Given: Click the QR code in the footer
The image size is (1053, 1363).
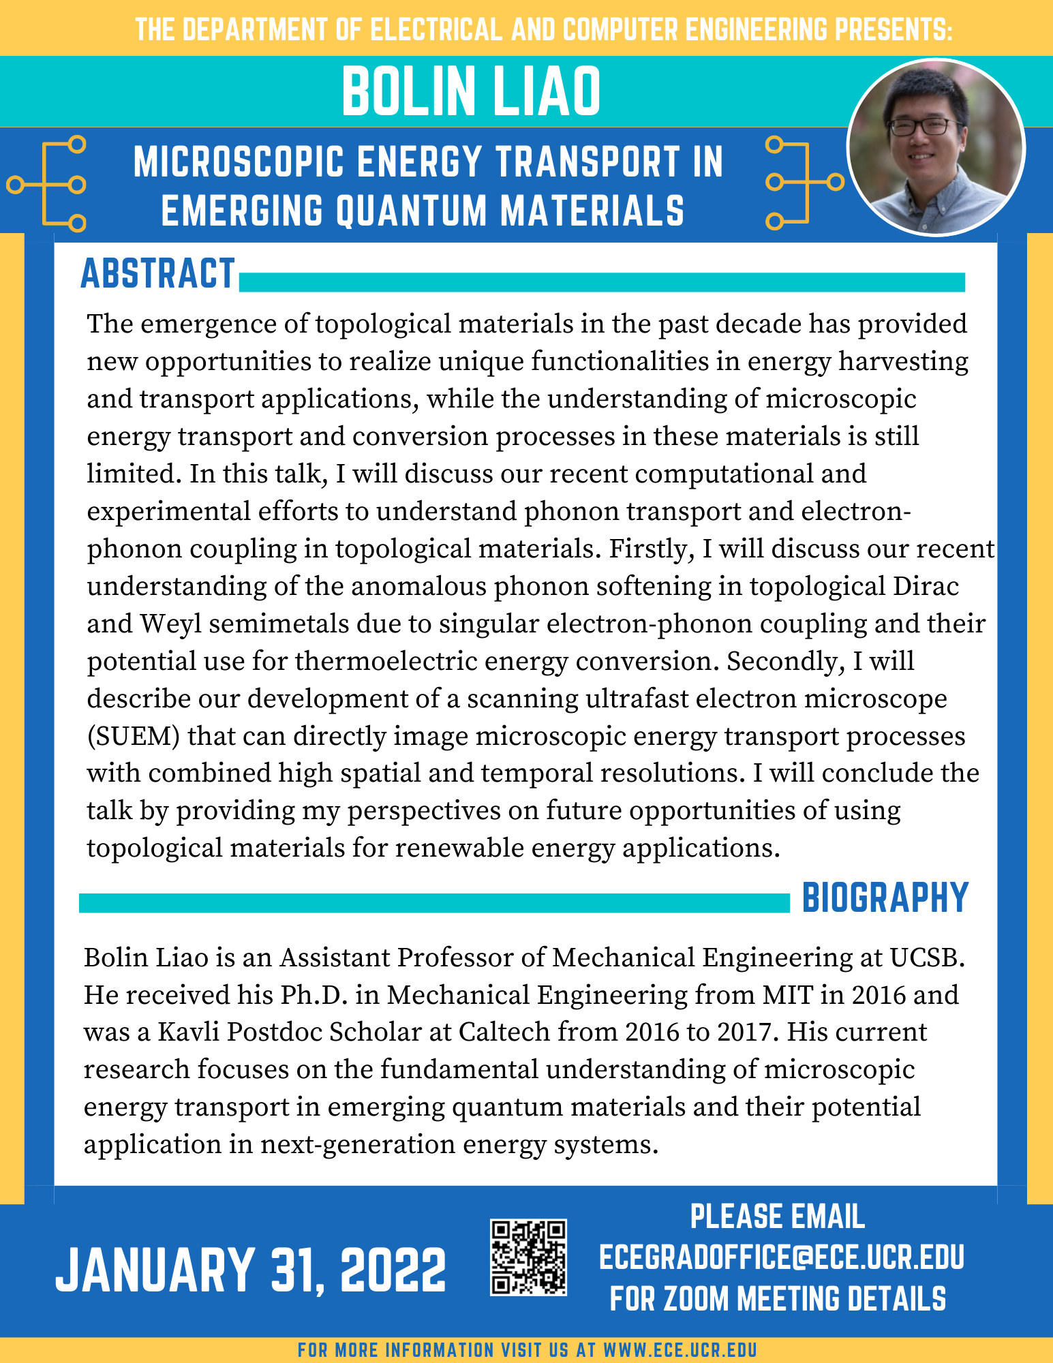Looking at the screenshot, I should click(x=528, y=1257).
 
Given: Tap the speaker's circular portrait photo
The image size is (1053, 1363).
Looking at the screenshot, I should click(x=936, y=147).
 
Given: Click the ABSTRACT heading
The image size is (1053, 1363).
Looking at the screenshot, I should click(x=158, y=275).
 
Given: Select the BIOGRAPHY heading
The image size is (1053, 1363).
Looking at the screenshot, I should click(x=885, y=898).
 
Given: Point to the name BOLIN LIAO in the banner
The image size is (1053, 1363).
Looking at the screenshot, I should click(x=471, y=92).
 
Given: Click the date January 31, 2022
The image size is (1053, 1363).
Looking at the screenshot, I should click(x=250, y=1270).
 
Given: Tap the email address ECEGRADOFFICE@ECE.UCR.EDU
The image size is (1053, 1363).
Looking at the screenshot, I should click(x=781, y=1257).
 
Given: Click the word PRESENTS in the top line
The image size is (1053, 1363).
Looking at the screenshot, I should click(x=890, y=31).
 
